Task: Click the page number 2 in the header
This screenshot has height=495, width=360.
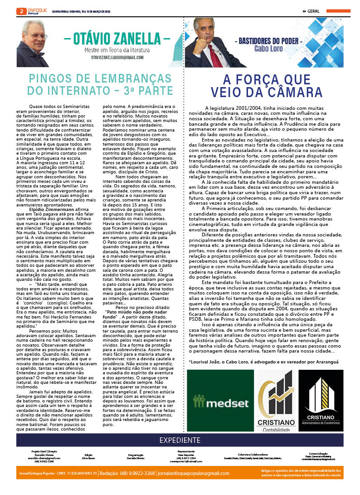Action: coord(20,11)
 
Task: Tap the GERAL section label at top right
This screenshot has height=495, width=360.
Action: coord(313,11)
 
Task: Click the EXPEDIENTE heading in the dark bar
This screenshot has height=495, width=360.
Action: coord(180,440)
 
